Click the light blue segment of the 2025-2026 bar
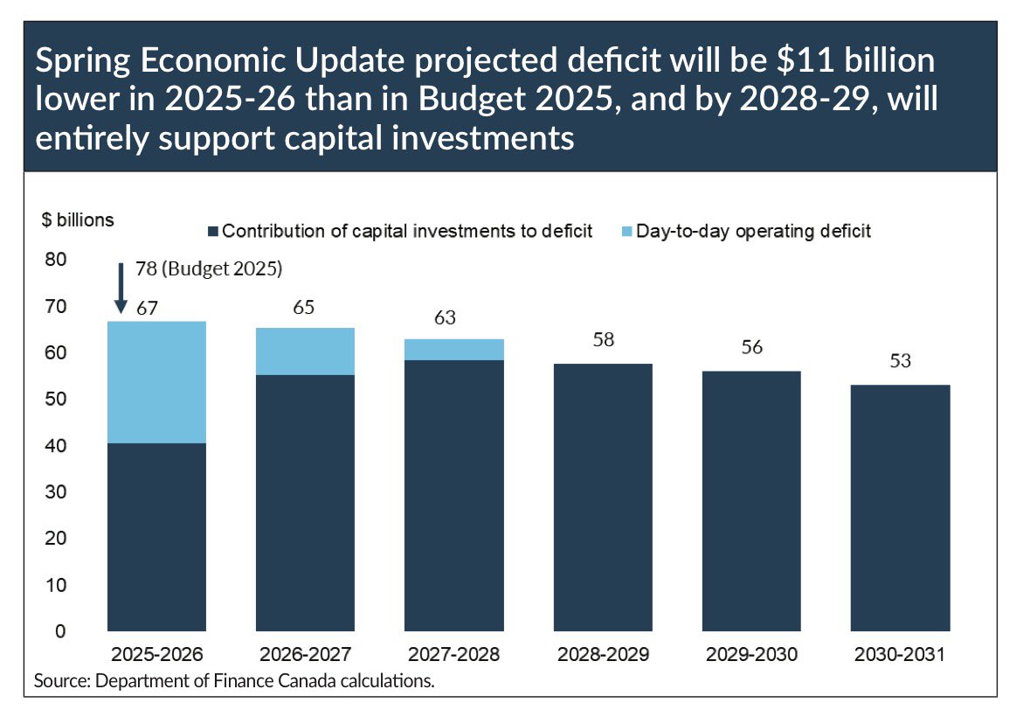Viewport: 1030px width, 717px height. (x=156, y=382)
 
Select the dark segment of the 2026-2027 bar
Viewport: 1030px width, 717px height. (x=305, y=502)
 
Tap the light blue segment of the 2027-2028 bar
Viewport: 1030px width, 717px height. (x=454, y=350)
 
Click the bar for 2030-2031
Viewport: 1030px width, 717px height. (x=901, y=507)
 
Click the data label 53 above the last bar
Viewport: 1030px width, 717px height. (x=901, y=360)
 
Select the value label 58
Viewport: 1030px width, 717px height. (x=603, y=339)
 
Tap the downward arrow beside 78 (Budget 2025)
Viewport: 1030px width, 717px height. (x=121, y=288)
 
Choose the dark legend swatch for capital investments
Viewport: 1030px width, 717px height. (x=212, y=232)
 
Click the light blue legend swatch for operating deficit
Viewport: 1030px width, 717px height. (x=625, y=232)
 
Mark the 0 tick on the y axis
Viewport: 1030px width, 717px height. (x=59, y=630)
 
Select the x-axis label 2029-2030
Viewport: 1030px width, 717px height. (x=752, y=655)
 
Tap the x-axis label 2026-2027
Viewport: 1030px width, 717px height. (x=305, y=655)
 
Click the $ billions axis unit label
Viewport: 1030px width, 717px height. (x=78, y=220)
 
